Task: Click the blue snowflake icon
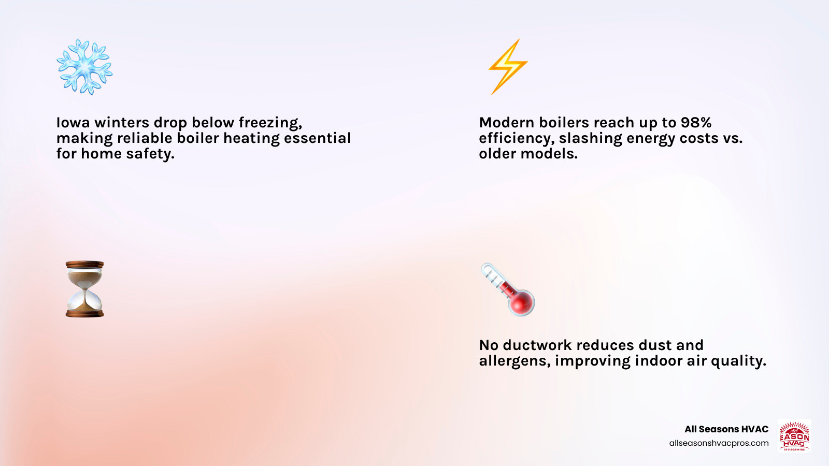(x=85, y=67)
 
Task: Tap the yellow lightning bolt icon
(x=508, y=67)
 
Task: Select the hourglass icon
(x=85, y=289)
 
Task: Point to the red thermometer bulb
(x=521, y=302)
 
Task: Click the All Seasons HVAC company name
(x=726, y=429)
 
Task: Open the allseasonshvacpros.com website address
(x=719, y=443)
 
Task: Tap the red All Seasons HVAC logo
(x=794, y=435)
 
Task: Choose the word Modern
(x=506, y=122)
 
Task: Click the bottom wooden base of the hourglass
(x=85, y=314)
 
